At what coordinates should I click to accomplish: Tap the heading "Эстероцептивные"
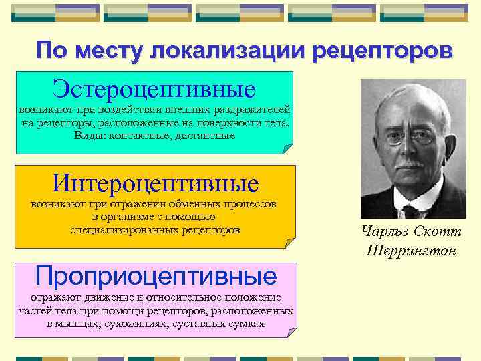154,88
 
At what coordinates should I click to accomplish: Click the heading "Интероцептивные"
156,182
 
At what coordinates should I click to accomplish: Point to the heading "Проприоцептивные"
156,275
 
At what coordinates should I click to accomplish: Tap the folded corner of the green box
289,149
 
